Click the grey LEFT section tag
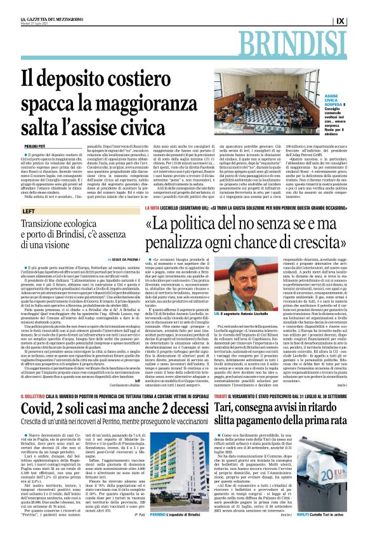29,210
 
